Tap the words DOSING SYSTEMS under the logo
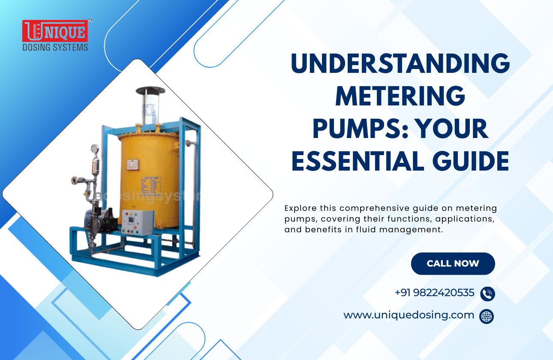pos(55,47)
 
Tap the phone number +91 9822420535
pos(434,293)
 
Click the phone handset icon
pos(487,294)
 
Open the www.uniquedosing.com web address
pos(409,315)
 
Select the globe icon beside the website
pos(487,316)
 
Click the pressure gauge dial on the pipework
pos(94,149)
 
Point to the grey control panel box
pos(137,222)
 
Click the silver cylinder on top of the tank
pos(150,107)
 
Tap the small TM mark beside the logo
pos(90,20)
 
